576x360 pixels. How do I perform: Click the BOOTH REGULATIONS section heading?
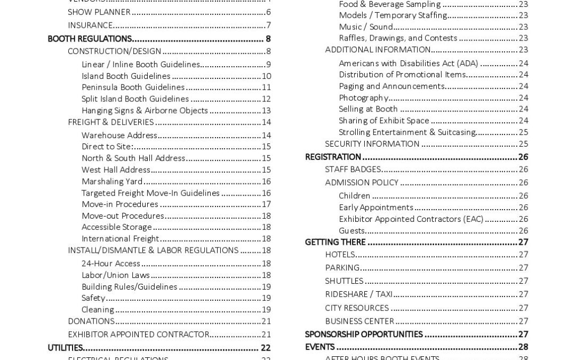tap(90, 39)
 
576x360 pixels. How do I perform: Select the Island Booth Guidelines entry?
tap(126, 76)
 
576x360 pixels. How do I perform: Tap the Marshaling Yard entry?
tap(112, 181)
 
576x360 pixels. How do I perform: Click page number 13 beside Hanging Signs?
tap(266, 110)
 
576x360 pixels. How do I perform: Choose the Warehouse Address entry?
tap(119, 135)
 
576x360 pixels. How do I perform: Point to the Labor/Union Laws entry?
tap(116, 275)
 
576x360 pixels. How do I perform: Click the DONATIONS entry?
tap(91, 321)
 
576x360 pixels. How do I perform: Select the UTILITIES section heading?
tap(65, 348)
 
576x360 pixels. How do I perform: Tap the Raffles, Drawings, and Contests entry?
tap(398, 38)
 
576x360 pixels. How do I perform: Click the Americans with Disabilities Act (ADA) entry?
tap(409, 63)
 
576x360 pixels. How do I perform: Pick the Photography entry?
tap(363, 98)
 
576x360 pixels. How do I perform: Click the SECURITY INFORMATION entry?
tap(372, 144)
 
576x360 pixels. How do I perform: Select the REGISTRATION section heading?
tap(333, 157)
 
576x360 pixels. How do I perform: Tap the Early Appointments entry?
tap(376, 207)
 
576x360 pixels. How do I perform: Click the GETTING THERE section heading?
tap(335, 242)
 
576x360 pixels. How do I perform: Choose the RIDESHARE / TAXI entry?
tap(358, 294)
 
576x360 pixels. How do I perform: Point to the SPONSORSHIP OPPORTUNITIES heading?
tap(364, 334)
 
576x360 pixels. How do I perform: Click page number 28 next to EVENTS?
tap(523, 347)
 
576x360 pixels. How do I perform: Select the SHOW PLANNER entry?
tap(99, 12)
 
